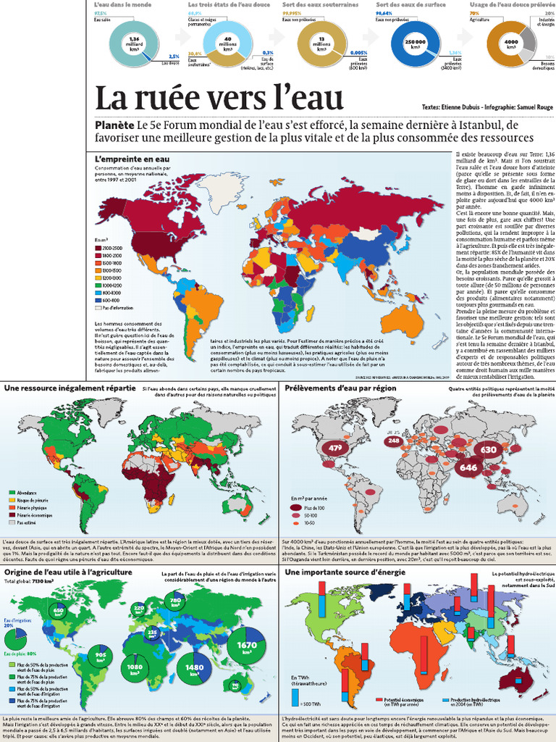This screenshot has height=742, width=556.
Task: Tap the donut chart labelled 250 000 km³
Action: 415,43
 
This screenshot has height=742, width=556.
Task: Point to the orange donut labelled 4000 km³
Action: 510,43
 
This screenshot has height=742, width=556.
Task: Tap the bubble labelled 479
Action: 335,448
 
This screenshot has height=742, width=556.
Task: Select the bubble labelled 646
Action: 468,467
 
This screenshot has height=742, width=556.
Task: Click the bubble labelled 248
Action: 394,441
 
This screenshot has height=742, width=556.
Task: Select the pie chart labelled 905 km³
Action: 101,656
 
